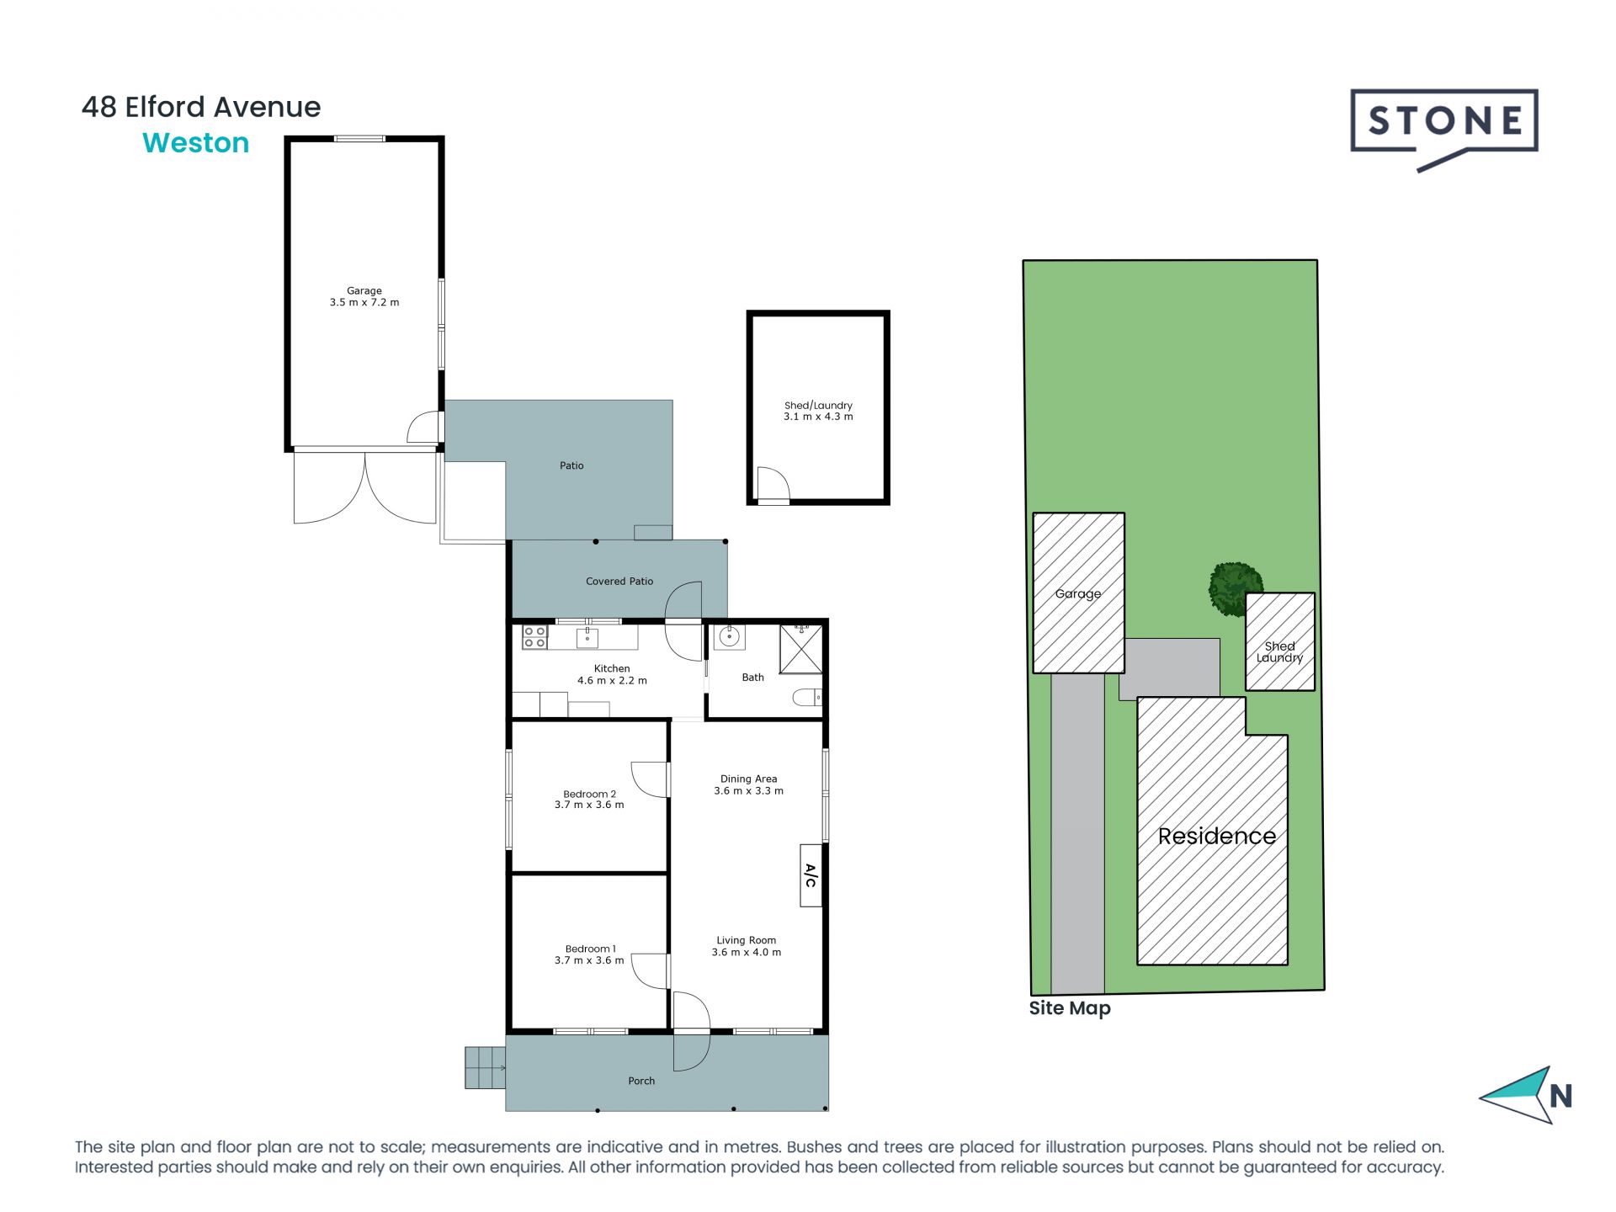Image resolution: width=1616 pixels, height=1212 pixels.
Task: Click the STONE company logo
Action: pyautogui.click(x=1444, y=126)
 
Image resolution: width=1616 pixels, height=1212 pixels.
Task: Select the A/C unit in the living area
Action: pyautogui.click(x=810, y=875)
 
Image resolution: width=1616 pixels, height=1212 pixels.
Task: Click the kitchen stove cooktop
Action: pyautogui.click(x=534, y=637)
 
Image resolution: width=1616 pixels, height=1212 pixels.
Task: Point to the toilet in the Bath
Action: pyautogui.click(x=807, y=697)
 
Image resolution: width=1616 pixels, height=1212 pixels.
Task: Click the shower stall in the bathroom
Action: pyautogui.click(x=800, y=649)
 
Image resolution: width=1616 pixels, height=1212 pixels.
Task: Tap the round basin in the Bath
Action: pyautogui.click(x=729, y=637)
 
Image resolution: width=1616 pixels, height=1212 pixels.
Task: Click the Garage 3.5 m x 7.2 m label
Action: pyautogui.click(x=364, y=296)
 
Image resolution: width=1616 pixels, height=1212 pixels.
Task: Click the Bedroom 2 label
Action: pyautogui.click(x=589, y=794)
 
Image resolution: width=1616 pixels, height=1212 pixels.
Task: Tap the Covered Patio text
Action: pyautogui.click(x=619, y=581)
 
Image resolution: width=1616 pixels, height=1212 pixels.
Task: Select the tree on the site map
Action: pyautogui.click(x=1235, y=587)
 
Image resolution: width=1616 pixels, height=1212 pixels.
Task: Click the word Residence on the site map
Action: pyautogui.click(x=1216, y=836)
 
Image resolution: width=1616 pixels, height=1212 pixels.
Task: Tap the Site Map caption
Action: pyautogui.click(x=1070, y=1008)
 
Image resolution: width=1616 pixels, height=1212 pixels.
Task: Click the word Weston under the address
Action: pyautogui.click(x=196, y=143)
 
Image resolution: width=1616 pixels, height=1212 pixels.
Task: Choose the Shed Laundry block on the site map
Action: pyautogui.click(x=1279, y=642)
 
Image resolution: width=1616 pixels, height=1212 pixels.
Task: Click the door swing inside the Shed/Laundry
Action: pyautogui.click(x=772, y=484)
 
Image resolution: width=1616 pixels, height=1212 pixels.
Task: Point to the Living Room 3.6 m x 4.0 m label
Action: pyautogui.click(x=747, y=946)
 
